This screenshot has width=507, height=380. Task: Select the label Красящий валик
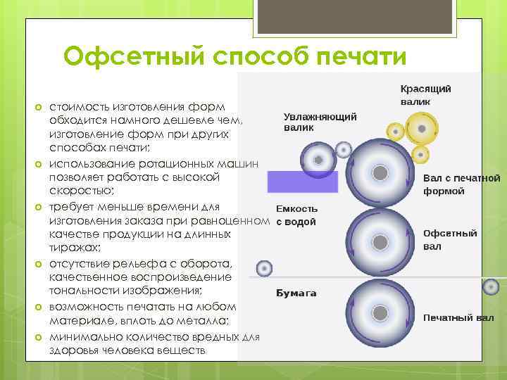pyautogui.click(x=425, y=95)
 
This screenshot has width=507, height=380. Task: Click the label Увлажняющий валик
pyautogui.click(x=320, y=122)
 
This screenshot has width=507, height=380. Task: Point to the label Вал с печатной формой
pyautogui.click(x=461, y=184)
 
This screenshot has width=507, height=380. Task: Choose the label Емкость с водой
pyautogui.click(x=296, y=215)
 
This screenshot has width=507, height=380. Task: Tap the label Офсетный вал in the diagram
pyautogui.click(x=450, y=239)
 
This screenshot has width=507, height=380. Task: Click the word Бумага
pyautogui.click(x=296, y=293)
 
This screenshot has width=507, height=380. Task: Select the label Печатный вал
pyautogui.click(x=458, y=317)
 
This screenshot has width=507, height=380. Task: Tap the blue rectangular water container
pyautogui.click(x=303, y=182)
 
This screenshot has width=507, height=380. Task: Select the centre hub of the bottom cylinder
pyautogui.click(x=380, y=312)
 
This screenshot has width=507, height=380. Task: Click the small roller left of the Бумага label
pyautogui.click(x=264, y=268)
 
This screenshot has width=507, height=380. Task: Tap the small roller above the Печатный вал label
pyautogui.click(x=492, y=286)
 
